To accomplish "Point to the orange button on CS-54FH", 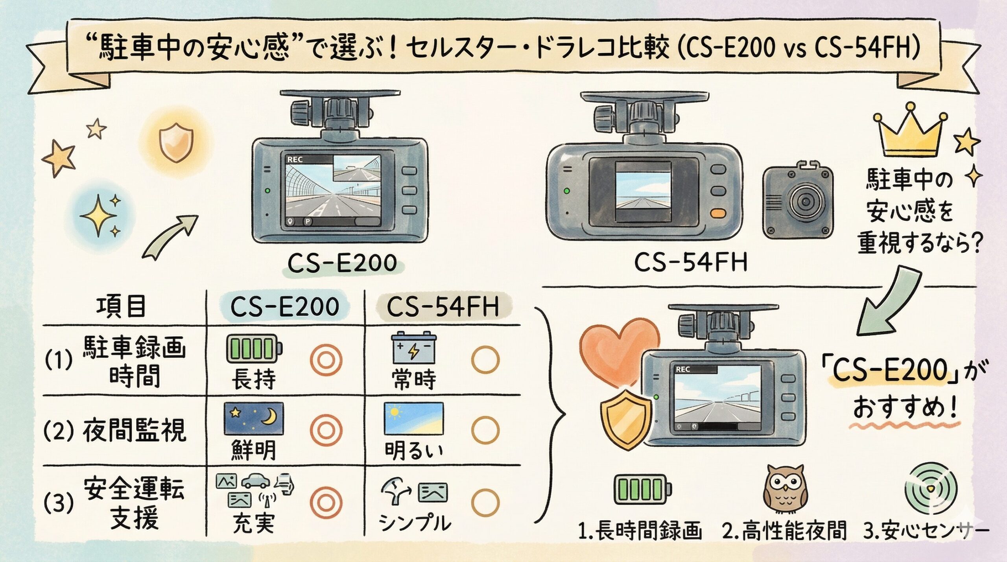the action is pos(719,213).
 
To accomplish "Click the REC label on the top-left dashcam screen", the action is pos(295,160).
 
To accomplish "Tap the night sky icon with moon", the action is pos(254,418).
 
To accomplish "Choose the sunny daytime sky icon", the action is pos(413,418).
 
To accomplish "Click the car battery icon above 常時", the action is pos(413,348).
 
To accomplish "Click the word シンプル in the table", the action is pos(415,522).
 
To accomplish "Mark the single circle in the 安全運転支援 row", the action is pos(485,502).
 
